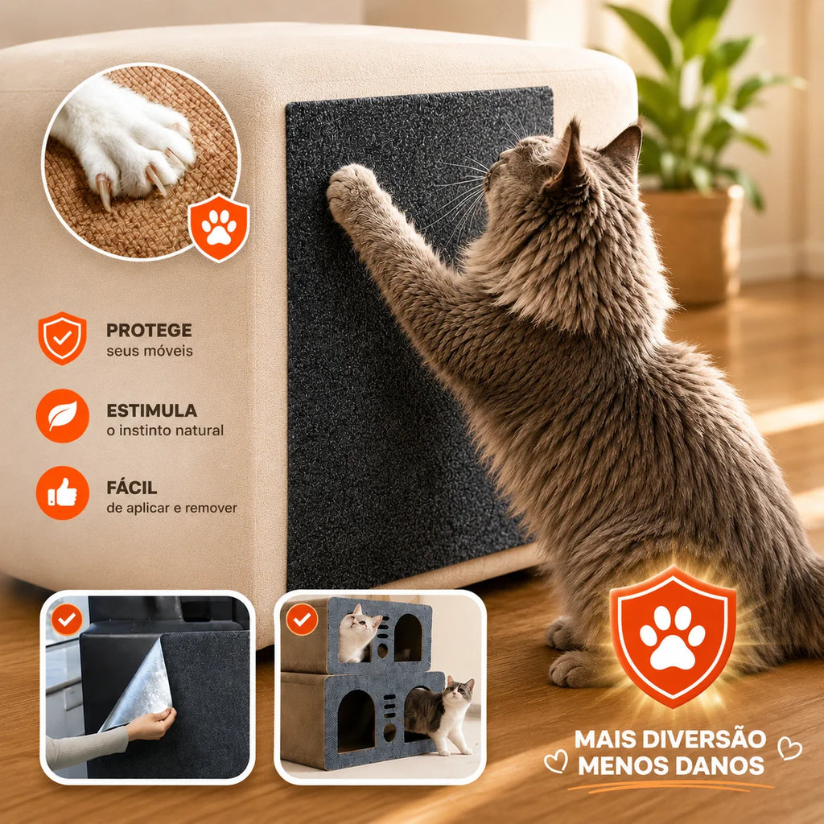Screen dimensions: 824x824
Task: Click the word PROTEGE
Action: (149, 330)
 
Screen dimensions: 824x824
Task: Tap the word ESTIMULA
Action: (151, 410)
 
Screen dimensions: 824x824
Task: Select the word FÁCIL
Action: (131, 487)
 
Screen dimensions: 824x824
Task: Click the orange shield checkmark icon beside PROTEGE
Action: (62, 338)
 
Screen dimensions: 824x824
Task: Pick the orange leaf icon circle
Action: (63, 416)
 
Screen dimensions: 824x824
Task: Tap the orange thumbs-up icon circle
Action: (63, 493)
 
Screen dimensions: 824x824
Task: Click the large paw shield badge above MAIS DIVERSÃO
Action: (673, 636)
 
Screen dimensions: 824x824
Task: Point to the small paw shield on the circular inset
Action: (219, 228)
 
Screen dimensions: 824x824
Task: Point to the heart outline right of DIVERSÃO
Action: (789, 748)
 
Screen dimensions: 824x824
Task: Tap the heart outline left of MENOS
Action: (556, 761)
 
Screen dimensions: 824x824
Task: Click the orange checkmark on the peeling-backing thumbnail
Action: (67, 620)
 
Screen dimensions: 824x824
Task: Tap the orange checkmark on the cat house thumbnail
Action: (302, 620)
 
